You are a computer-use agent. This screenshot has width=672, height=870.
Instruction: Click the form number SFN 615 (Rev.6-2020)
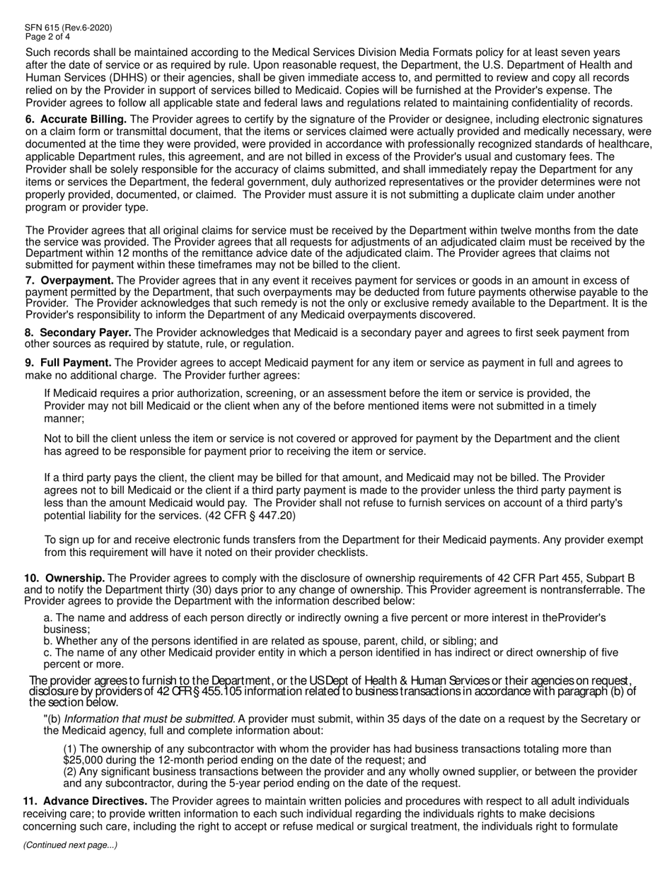68,28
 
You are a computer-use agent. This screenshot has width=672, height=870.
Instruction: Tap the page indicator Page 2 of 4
47,36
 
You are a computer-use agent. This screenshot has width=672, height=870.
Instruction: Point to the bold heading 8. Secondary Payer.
78,332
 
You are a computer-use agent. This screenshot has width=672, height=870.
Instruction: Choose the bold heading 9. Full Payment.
68,363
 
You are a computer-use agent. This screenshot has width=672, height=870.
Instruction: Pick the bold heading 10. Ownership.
64,579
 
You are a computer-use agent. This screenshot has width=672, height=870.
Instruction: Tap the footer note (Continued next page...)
71,845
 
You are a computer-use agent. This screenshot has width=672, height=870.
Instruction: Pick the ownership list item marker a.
48,617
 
